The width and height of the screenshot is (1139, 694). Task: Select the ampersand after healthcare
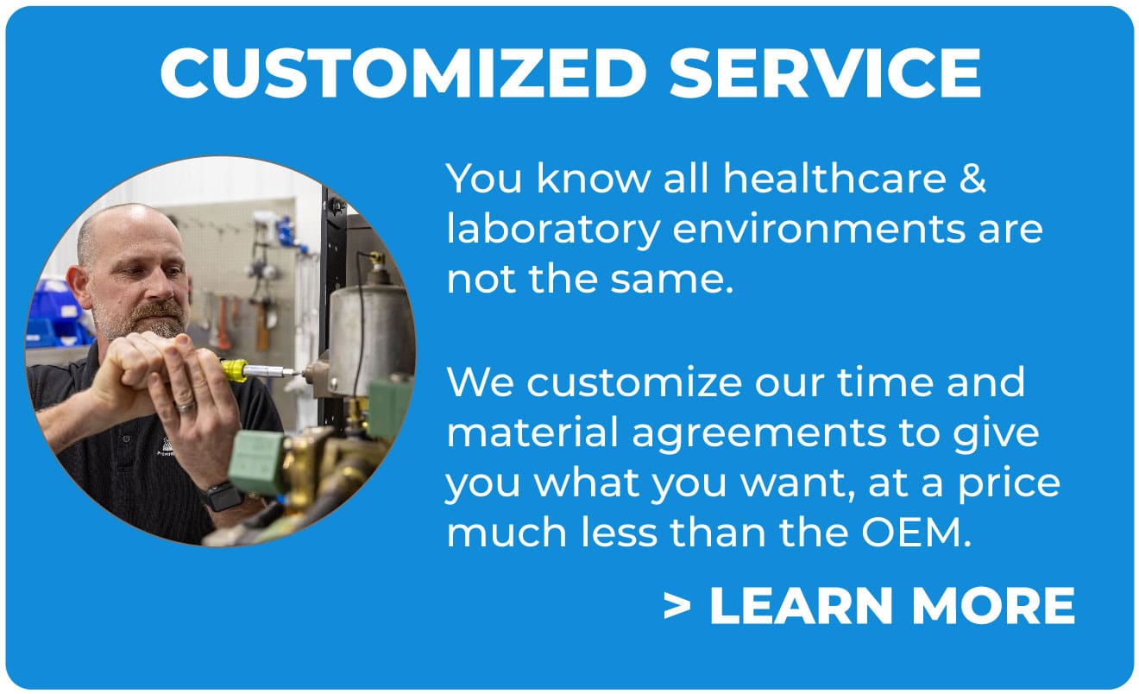pos(973,180)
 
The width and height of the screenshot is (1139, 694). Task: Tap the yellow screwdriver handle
pos(234,370)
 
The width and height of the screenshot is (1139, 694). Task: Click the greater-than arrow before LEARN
pos(677,607)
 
